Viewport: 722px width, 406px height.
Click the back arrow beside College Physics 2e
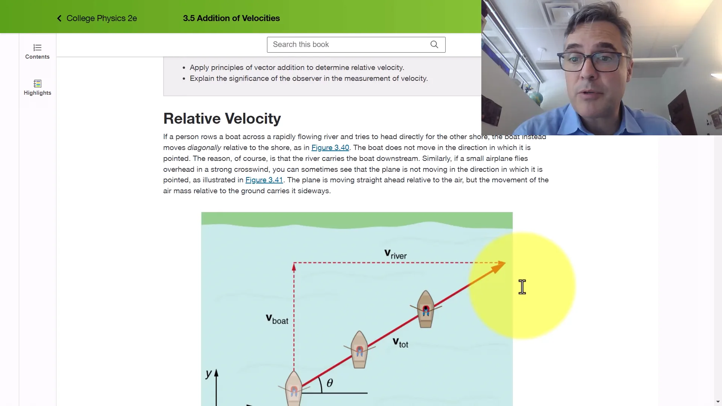pos(59,18)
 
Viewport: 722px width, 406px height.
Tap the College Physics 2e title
pos(102,18)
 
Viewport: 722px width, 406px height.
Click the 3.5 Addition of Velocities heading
pos(231,18)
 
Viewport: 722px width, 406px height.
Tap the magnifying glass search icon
pos(434,45)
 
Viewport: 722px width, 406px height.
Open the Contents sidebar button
pos(37,52)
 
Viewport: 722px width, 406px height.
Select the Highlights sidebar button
pos(37,88)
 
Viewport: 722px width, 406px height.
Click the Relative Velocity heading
pos(222,119)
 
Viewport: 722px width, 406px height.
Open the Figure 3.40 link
pos(330,148)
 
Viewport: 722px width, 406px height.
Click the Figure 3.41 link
pos(264,180)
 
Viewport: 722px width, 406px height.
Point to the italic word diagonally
pos(204,148)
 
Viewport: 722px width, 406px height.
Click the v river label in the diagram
pos(395,255)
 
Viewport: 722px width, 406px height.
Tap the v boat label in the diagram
pos(277,320)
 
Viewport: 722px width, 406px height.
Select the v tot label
pos(400,343)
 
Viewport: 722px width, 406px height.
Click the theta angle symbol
pos(330,383)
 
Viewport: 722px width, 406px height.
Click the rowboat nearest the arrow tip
pos(426,309)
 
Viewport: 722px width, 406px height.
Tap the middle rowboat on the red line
pos(359,350)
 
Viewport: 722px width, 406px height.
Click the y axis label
pos(209,374)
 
